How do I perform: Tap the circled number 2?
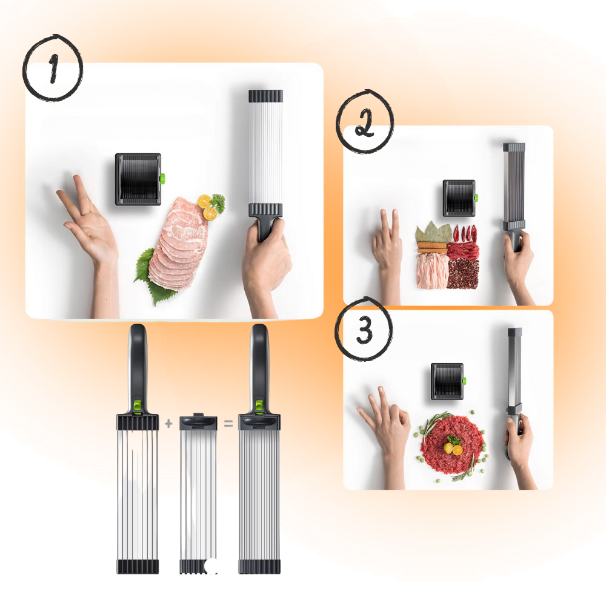364,123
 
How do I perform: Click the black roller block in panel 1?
138,179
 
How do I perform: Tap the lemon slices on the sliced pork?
207,207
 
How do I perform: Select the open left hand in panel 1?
91,224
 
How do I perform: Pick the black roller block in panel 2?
459,198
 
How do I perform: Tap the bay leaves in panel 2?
433,233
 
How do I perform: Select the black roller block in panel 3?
447,381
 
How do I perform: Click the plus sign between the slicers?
168,424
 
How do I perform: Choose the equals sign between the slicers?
228,424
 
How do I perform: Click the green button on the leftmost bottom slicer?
138,405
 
